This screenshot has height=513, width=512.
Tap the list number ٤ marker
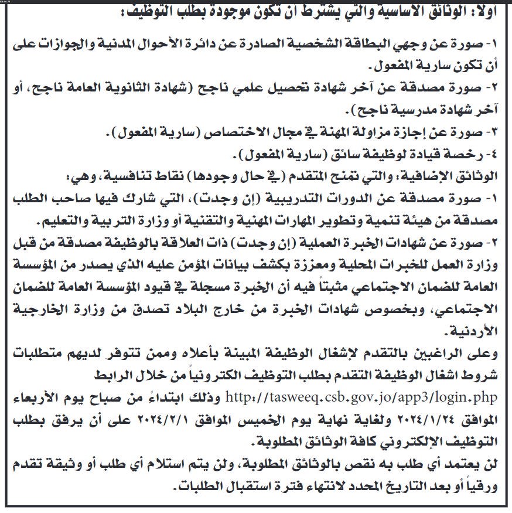[x=494, y=155]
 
